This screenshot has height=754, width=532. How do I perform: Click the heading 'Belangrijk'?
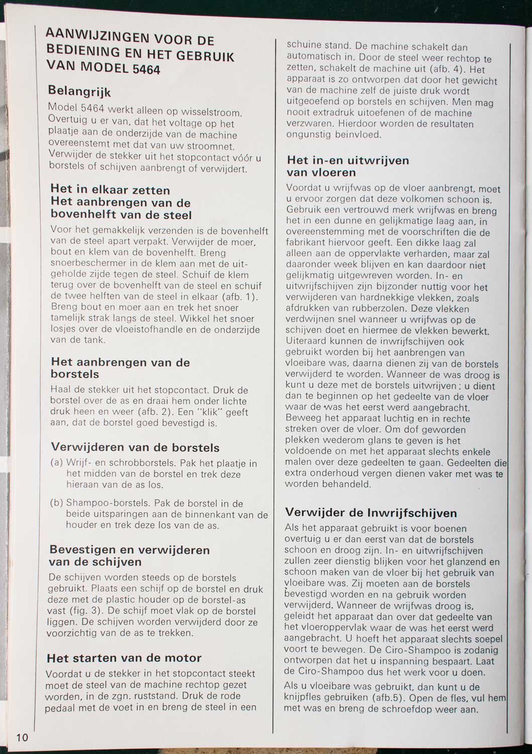79,92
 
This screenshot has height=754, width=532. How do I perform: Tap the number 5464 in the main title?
146,69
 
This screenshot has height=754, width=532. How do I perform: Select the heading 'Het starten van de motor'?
124,658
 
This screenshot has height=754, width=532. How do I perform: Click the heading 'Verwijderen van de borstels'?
135,447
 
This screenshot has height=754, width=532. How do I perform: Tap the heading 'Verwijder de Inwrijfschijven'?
371,513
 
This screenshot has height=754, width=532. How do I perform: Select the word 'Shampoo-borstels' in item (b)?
108,503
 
